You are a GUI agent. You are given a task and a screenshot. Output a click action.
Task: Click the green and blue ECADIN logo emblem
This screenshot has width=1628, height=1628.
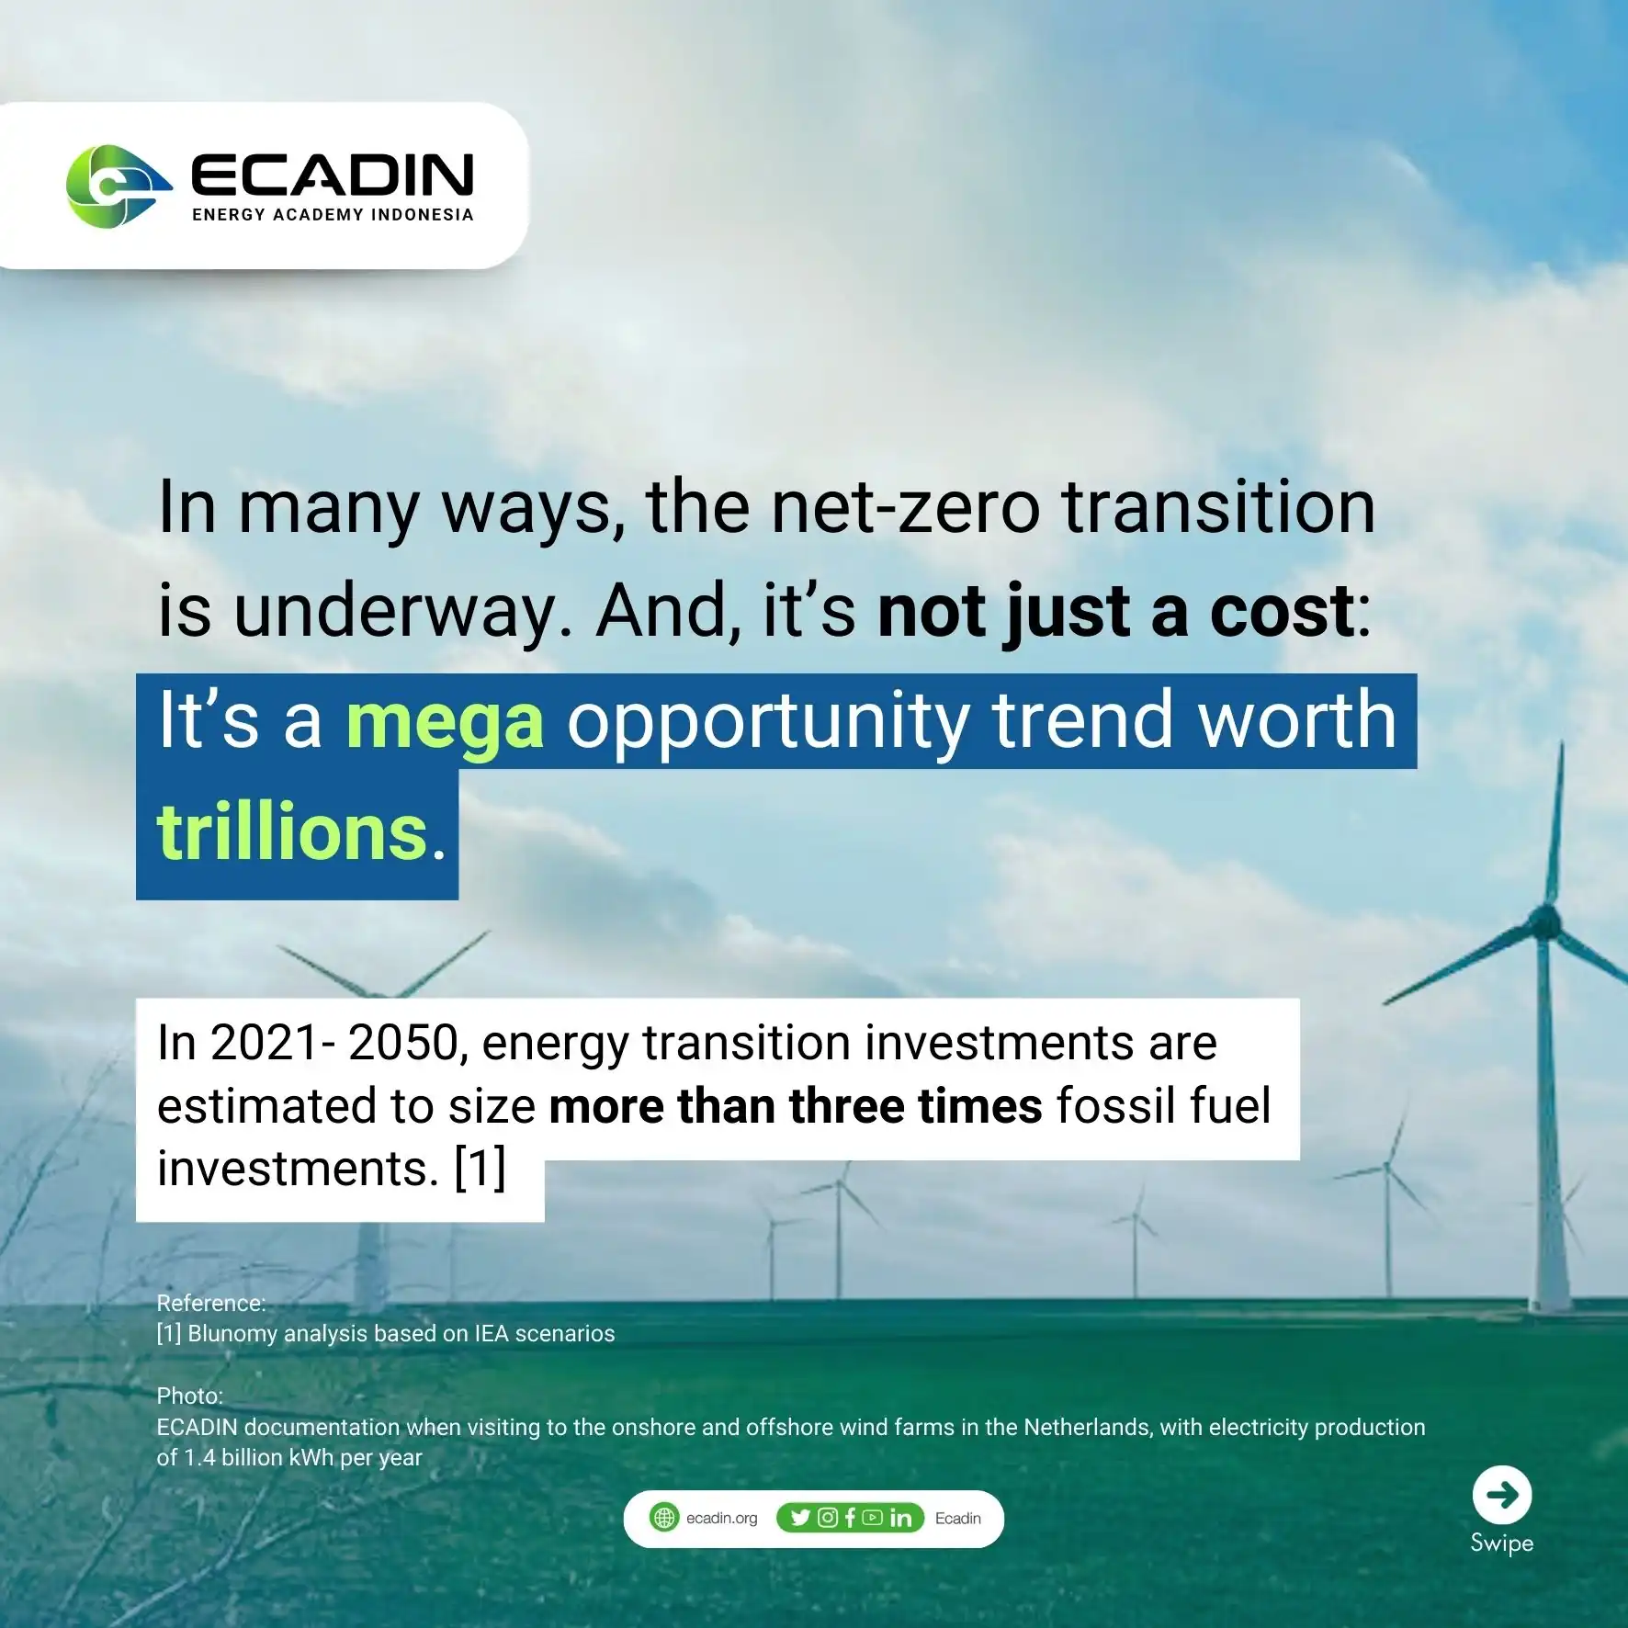[x=119, y=187]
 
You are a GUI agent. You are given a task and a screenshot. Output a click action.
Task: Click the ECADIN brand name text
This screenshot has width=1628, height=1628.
[x=333, y=175]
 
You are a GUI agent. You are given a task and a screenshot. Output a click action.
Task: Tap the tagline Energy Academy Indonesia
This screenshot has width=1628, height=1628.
[x=333, y=215]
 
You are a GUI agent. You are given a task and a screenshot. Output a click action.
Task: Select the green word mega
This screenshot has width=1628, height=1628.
[x=445, y=722]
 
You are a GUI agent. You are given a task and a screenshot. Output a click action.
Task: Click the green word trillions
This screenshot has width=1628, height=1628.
[x=293, y=831]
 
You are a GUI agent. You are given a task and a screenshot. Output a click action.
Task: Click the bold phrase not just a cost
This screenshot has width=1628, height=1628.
[x=1115, y=612]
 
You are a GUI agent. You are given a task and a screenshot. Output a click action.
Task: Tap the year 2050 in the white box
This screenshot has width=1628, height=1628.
[x=402, y=1043]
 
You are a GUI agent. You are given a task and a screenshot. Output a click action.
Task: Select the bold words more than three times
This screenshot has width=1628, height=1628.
[x=796, y=1105]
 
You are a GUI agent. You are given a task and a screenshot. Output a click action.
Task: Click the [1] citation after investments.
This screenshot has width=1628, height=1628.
[x=480, y=1168]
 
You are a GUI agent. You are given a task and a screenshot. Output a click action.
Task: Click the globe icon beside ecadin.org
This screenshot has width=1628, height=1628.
[x=664, y=1518]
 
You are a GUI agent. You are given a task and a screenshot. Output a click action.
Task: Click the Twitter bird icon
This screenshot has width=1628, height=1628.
[x=800, y=1518]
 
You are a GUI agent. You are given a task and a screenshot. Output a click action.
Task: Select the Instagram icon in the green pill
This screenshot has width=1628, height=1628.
[x=828, y=1518]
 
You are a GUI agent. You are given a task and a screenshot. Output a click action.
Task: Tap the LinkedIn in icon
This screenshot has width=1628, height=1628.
[x=901, y=1518]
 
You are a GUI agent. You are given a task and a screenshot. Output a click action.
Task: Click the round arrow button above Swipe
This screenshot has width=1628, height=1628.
[x=1502, y=1495]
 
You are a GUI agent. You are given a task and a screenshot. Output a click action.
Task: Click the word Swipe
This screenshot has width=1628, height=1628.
[x=1502, y=1543]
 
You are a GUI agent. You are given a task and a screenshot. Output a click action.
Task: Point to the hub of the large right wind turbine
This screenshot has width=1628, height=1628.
[x=1544, y=921]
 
